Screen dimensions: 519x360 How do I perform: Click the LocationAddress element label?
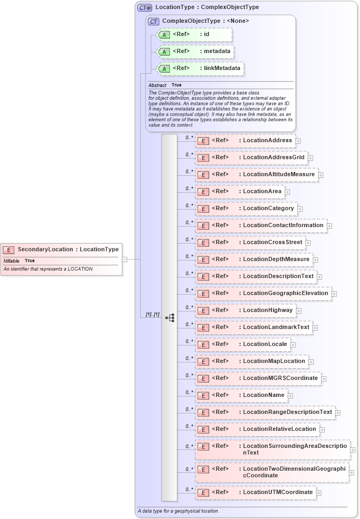tap(267, 141)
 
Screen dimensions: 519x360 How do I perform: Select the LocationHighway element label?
tap(267, 310)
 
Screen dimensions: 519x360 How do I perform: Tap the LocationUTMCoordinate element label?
tap(278, 492)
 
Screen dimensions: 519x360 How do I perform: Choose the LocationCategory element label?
tap(268, 209)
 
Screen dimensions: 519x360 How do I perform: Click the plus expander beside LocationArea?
tap(287, 192)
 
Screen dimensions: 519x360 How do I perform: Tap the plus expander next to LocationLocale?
tap(293, 344)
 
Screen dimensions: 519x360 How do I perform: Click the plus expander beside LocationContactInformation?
tap(329, 226)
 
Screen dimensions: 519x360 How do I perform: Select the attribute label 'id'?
tap(207, 34)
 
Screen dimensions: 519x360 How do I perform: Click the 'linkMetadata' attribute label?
tap(222, 68)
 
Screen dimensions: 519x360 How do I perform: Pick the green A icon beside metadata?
tap(164, 52)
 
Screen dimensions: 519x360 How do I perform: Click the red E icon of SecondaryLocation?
tap(8, 249)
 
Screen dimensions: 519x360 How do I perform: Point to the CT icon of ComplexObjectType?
tap(153, 21)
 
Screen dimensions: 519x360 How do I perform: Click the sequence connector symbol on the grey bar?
tap(170, 318)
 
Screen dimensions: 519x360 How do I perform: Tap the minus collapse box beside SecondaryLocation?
tap(124, 259)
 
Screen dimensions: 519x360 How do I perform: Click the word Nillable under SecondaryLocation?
tap(11, 261)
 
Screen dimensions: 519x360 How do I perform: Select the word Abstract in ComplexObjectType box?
tap(157, 85)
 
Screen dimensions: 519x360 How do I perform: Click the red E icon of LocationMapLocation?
tap(202, 362)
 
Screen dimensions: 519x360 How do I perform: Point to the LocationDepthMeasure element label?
tap(276, 259)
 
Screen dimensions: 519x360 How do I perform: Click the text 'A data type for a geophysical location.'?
tap(178, 511)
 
